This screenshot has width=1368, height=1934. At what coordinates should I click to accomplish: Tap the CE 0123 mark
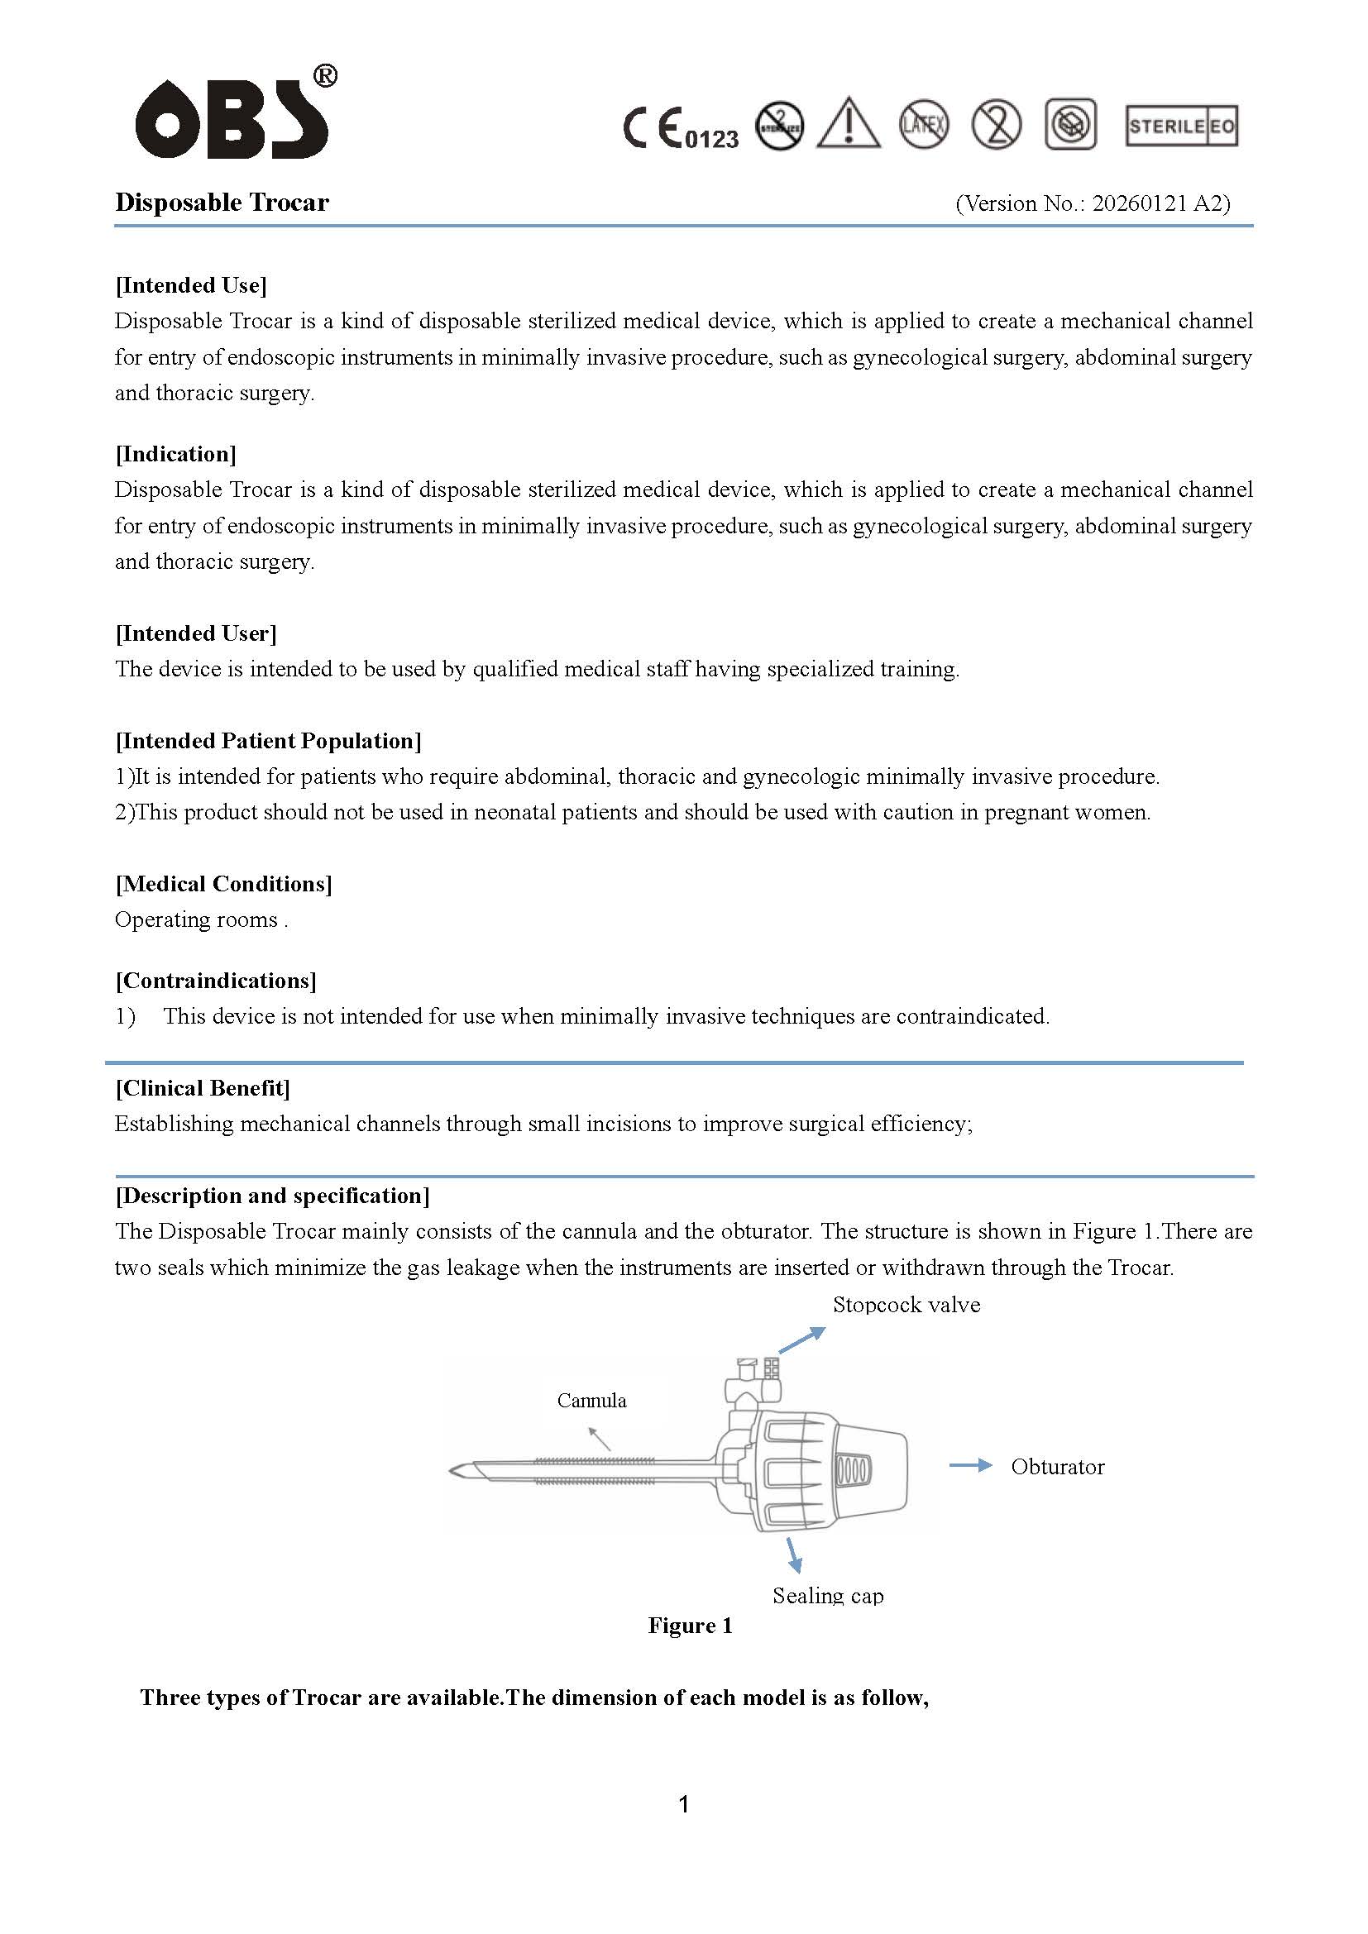[681, 129]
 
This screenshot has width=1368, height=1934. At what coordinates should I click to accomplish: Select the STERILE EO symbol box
[1181, 127]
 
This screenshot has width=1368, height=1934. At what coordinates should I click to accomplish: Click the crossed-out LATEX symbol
[923, 125]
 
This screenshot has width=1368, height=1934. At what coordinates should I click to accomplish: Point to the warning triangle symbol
[849, 125]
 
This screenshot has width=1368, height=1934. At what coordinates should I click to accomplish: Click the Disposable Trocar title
[222, 202]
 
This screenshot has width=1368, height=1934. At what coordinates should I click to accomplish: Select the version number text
[1093, 203]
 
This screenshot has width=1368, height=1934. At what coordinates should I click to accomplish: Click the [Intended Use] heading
[191, 285]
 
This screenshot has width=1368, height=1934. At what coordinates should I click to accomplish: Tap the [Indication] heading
[176, 454]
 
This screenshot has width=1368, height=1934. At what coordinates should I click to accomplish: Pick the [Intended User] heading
[196, 633]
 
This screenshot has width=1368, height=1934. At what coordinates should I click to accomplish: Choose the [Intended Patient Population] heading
[269, 740]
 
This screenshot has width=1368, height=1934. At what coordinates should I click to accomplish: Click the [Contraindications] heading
[217, 981]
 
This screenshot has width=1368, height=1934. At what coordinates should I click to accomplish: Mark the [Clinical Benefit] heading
[203, 1088]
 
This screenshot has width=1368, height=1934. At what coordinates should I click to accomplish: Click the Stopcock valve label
[906, 1305]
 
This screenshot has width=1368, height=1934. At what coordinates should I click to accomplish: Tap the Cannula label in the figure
[591, 1401]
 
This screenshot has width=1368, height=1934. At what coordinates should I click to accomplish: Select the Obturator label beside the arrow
[1057, 1467]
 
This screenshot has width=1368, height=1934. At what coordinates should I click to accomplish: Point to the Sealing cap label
[828, 1595]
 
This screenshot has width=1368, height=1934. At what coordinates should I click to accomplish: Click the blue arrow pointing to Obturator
[970, 1466]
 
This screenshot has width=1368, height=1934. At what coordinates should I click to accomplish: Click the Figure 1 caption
[690, 1626]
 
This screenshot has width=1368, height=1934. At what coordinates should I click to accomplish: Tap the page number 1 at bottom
[684, 1803]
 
